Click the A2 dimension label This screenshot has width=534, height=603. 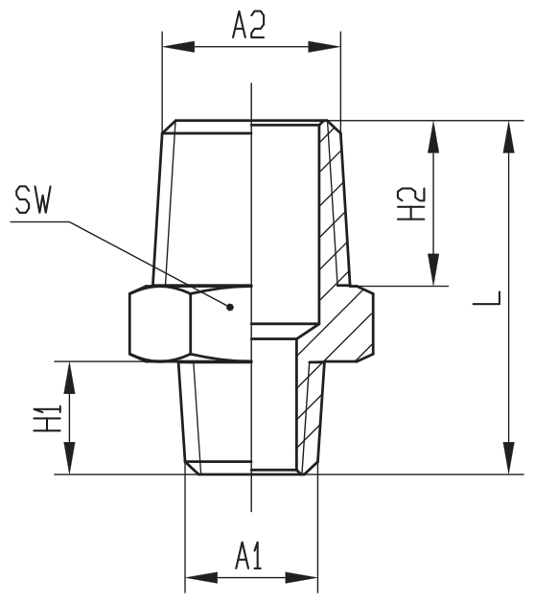point(248,25)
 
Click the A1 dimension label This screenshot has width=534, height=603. point(248,556)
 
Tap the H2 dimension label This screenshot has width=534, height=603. point(411,204)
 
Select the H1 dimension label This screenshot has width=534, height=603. point(48,418)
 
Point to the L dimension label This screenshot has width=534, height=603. point(487,298)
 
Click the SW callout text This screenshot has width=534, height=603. point(33,199)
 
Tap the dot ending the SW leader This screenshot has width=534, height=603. point(230,307)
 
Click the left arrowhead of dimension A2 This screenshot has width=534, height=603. point(178,47)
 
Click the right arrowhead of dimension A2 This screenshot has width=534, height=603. point(324,47)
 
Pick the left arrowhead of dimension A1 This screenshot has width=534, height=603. point(201,577)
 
